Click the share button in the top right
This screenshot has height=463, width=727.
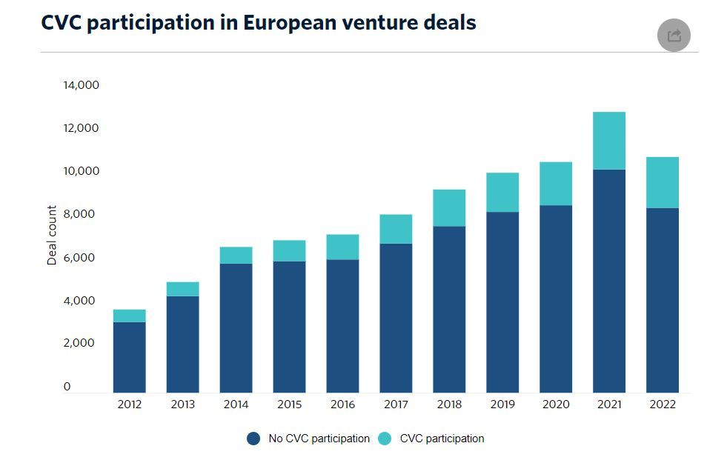(x=674, y=36)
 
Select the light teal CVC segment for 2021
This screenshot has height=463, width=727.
(x=609, y=141)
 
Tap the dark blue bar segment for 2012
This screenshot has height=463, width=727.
(x=129, y=357)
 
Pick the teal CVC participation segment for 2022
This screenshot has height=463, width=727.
(x=663, y=182)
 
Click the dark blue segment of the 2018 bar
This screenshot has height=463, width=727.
(x=449, y=309)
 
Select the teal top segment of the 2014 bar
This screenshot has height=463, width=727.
(x=236, y=255)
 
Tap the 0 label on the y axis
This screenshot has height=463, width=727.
(x=67, y=386)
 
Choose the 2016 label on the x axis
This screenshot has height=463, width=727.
(x=342, y=404)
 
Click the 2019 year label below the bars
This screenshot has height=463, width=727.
(x=502, y=404)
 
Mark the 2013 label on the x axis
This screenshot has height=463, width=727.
(x=182, y=404)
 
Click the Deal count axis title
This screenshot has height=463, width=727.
(x=52, y=236)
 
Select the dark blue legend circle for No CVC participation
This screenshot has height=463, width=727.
(x=253, y=439)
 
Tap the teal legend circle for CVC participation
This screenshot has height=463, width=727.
(x=385, y=439)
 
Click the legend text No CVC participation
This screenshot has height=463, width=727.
(x=319, y=439)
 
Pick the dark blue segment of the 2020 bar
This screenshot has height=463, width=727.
(x=556, y=299)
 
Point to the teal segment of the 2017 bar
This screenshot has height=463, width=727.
(x=396, y=229)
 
